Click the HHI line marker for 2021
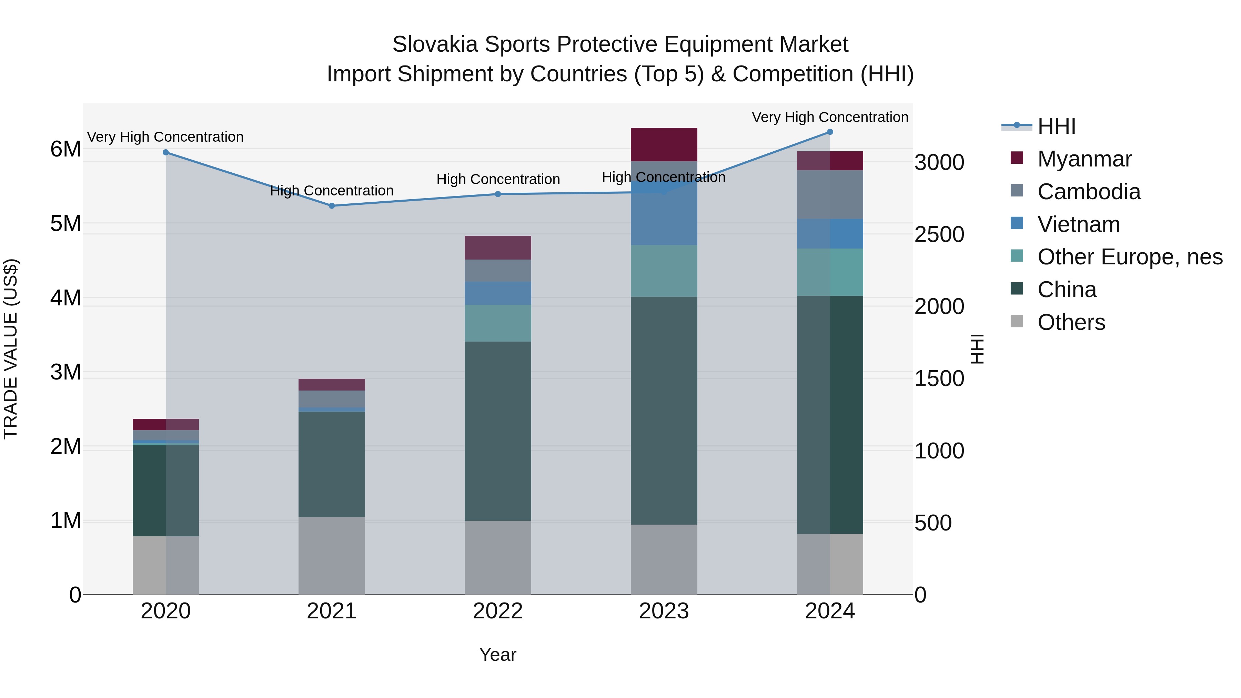coord(331,206)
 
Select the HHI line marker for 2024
coord(830,132)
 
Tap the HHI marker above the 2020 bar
coord(166,152)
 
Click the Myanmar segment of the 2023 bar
coord(664,144)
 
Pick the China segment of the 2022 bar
coord(498,431)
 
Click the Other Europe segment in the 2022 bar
coord(498,323)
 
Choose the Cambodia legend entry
coord(1089,192)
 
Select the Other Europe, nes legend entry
coord(1130,257)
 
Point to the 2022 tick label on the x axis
coord(498,611)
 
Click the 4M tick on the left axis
coord(65,298)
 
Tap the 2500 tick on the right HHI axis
coord(939,235)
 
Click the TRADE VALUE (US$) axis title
coord(11,349)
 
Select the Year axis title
coord(498,655)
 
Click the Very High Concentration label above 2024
coord(830,117)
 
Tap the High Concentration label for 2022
coord(498,179)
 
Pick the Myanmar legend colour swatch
coord(1017,158)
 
